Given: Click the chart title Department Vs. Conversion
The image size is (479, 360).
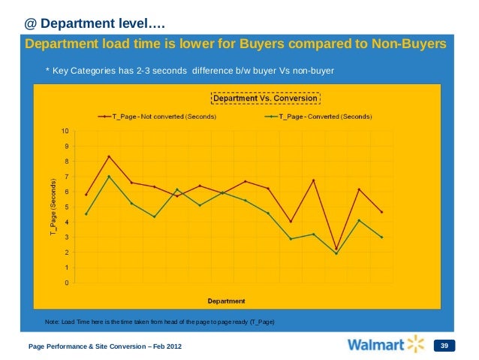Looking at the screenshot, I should [267, 98].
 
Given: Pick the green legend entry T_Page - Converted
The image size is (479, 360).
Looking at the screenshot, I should [323, 116].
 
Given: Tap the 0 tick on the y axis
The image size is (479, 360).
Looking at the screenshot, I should [67, 283].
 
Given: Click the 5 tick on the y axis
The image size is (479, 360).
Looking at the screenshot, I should [67, 207].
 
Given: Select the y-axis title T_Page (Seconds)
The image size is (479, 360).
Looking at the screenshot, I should [53, 208].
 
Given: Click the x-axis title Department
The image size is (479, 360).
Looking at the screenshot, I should [226, 301].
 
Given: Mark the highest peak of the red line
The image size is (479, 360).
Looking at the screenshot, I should [110, 156].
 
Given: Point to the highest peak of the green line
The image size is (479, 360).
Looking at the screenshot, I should [110, 177].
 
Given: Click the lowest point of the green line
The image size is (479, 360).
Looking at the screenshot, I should [336, 253].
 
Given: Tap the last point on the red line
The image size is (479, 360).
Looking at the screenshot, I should [381, 212].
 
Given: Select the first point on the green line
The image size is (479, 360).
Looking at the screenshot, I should [87, 214].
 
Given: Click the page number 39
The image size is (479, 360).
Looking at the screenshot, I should [445, 346].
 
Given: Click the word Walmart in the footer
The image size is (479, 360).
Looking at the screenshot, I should [375, 345].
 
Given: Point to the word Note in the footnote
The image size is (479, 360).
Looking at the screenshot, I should [53, 322].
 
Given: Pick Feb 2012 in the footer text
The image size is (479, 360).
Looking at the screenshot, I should [162, 346].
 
